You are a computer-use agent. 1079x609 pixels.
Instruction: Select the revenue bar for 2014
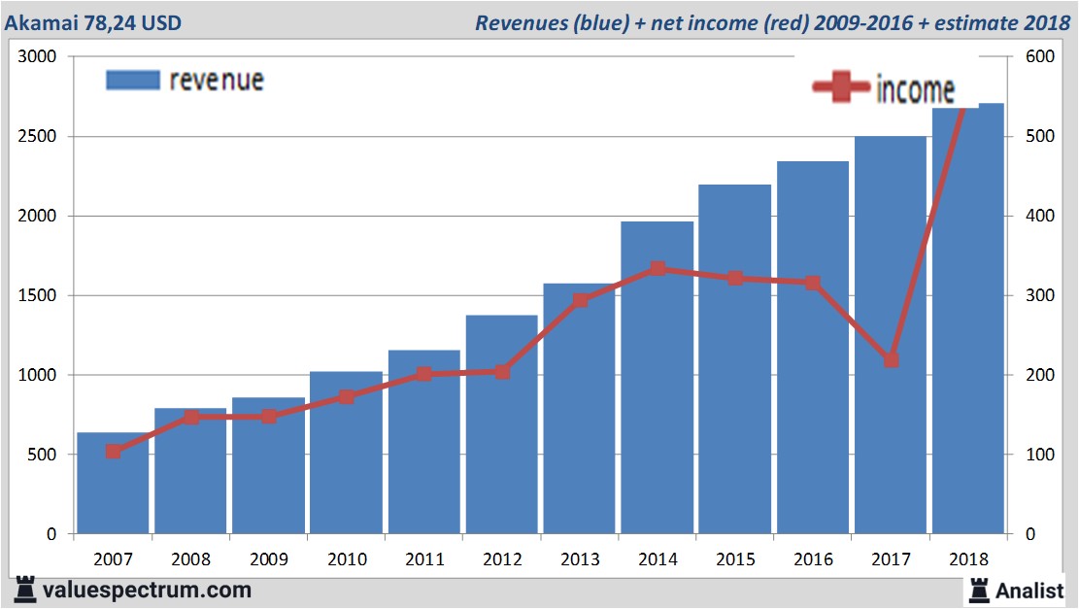click(658, 408)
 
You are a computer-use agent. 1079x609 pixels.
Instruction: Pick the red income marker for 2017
click(891, 360)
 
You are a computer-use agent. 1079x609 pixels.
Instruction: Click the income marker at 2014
click(658, 269)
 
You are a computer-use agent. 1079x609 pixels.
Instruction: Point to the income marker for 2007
click(114, 452)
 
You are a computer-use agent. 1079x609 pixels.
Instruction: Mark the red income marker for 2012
click(502, 372)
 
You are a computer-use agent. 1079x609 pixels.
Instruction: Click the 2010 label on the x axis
click(347, 559)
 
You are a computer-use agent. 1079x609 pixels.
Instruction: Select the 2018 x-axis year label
click(968, 559)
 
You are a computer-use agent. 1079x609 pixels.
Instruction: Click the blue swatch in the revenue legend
click(132, 80)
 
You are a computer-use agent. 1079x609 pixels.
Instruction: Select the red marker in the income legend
click(841, 88)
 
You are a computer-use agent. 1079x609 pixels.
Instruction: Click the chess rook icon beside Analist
click(978, 589)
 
